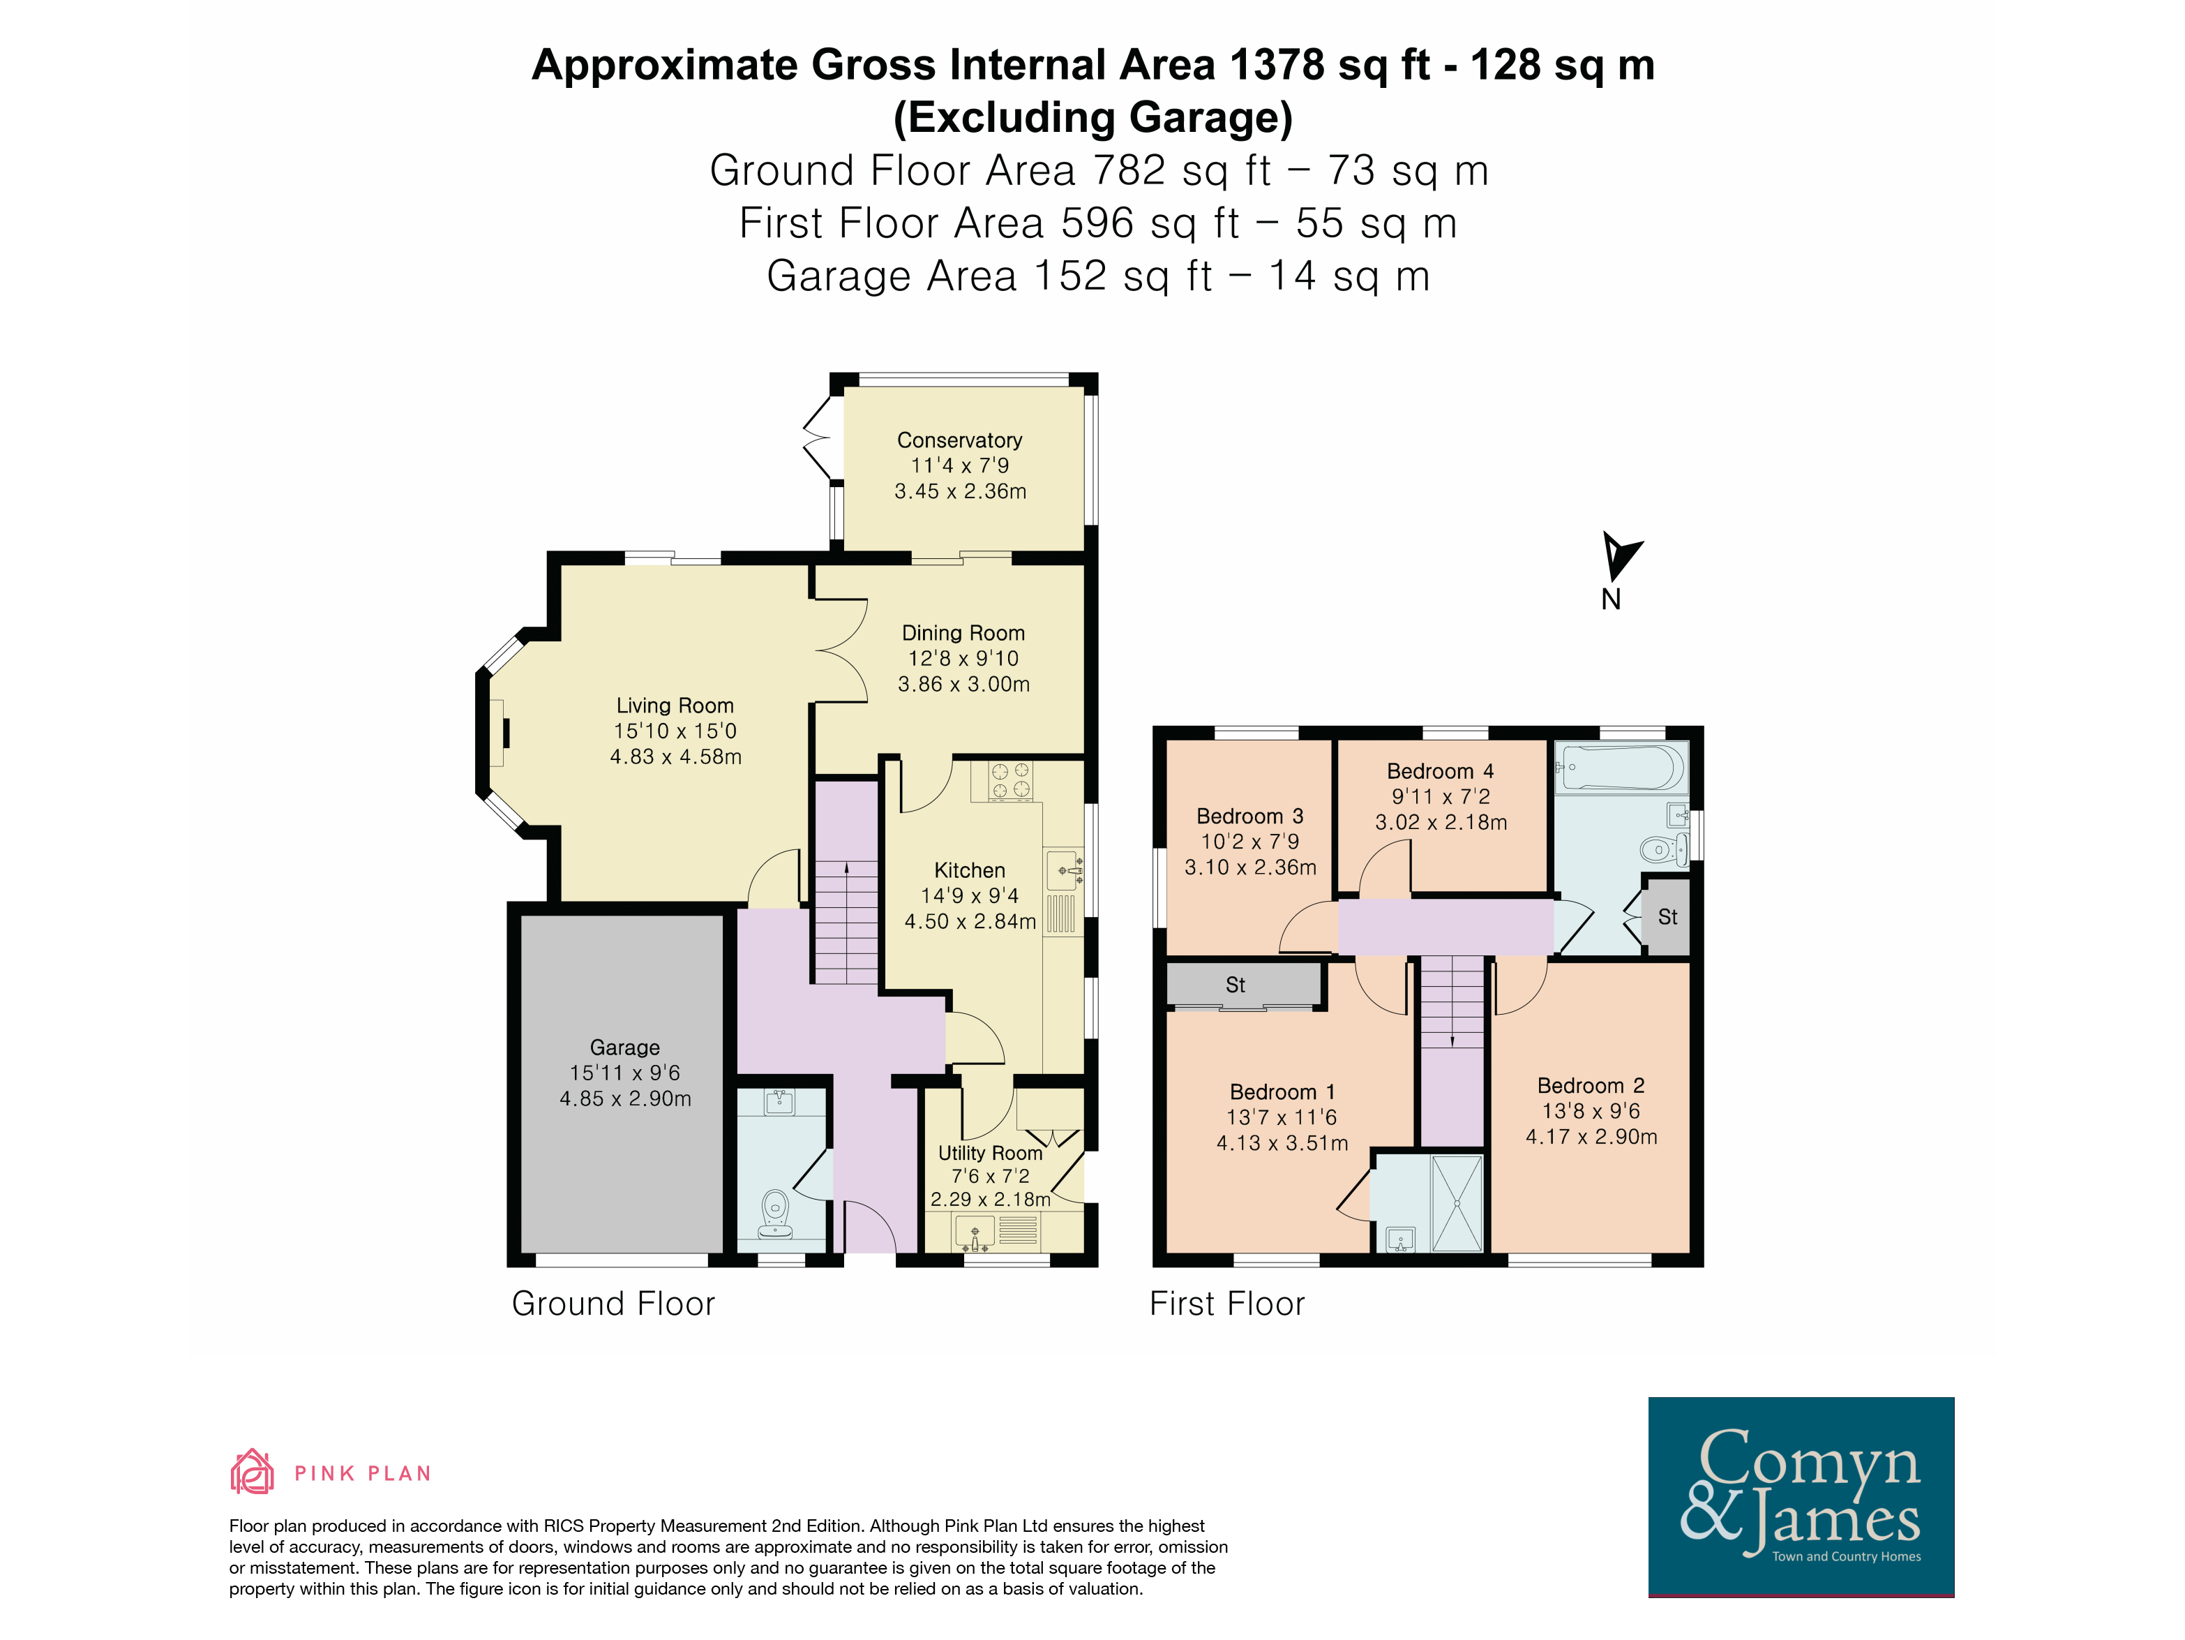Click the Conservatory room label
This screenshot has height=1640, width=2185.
[x=959, y=440]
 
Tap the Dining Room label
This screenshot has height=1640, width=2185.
[x=963, y=633]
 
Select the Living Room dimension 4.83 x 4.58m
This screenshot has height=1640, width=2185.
[x=675, y=756]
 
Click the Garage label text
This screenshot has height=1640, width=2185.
[x=624, y=1048]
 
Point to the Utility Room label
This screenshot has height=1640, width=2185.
[x=990, y=1153]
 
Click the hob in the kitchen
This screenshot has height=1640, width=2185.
[x=1009, y=780]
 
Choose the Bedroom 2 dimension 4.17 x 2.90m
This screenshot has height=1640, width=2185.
[x=1591, y=1137]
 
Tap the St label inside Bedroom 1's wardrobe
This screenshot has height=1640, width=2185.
[x=1235, y=985]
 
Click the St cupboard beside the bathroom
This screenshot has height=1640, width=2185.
[x=1667, y=917]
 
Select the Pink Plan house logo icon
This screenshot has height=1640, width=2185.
[x=252, y=1471]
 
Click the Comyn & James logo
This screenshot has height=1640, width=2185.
[x=1801, y=1497]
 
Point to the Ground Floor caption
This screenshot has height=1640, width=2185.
[x=613, y=1304]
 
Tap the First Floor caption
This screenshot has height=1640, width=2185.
[x=1227, y=1304]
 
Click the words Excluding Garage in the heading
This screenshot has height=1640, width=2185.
[x=1092, y=117]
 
